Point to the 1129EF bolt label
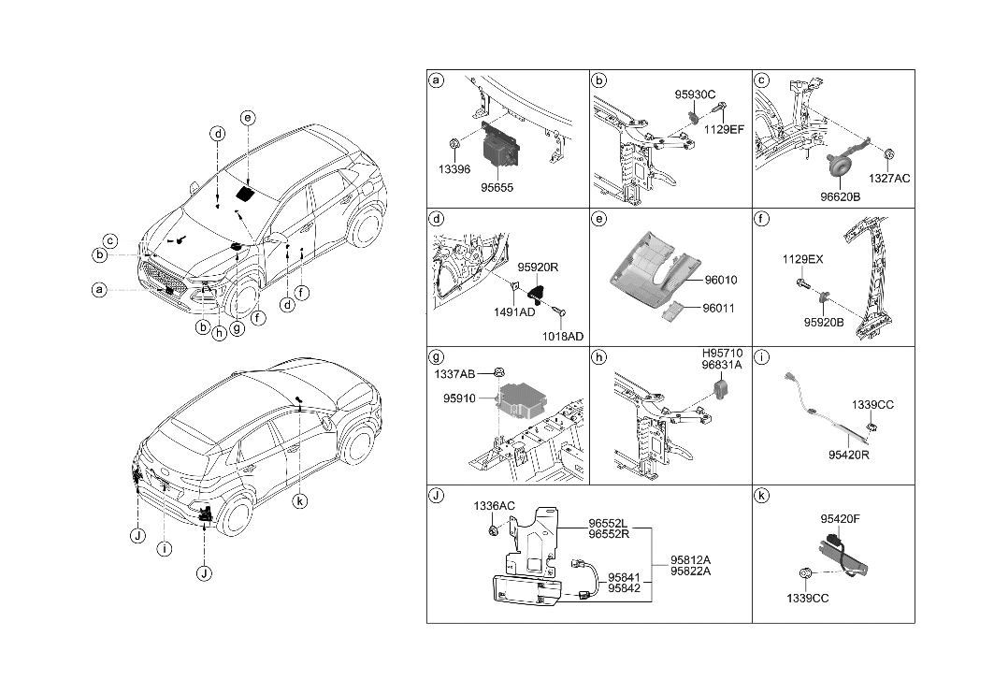point(723,129)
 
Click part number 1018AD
point(563,336)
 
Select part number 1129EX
point(803,259)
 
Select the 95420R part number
point(848,455)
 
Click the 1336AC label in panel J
point(494,506)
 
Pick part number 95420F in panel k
point(841,518)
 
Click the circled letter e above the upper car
point(247,118)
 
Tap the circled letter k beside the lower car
point(299,501)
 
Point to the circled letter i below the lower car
point(164,549)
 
